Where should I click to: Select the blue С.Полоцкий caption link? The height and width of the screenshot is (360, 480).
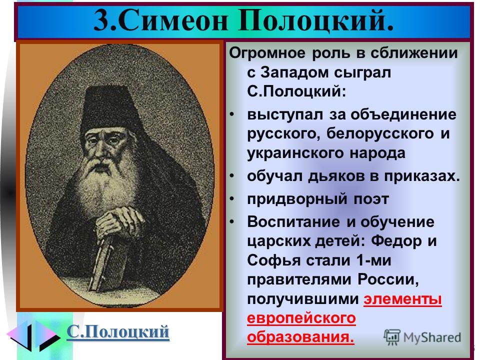coord(118,331)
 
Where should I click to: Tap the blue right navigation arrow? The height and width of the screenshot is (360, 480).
coord(47,335)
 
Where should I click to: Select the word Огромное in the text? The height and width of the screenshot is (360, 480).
coord(267,53)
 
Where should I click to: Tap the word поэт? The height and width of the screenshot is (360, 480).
coord(371,199)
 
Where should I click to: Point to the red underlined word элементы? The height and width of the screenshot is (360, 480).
coord(402,299)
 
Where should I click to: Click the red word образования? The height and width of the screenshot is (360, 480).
coord(300,337)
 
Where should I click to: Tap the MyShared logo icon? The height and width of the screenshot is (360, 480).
coord(392,337)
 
